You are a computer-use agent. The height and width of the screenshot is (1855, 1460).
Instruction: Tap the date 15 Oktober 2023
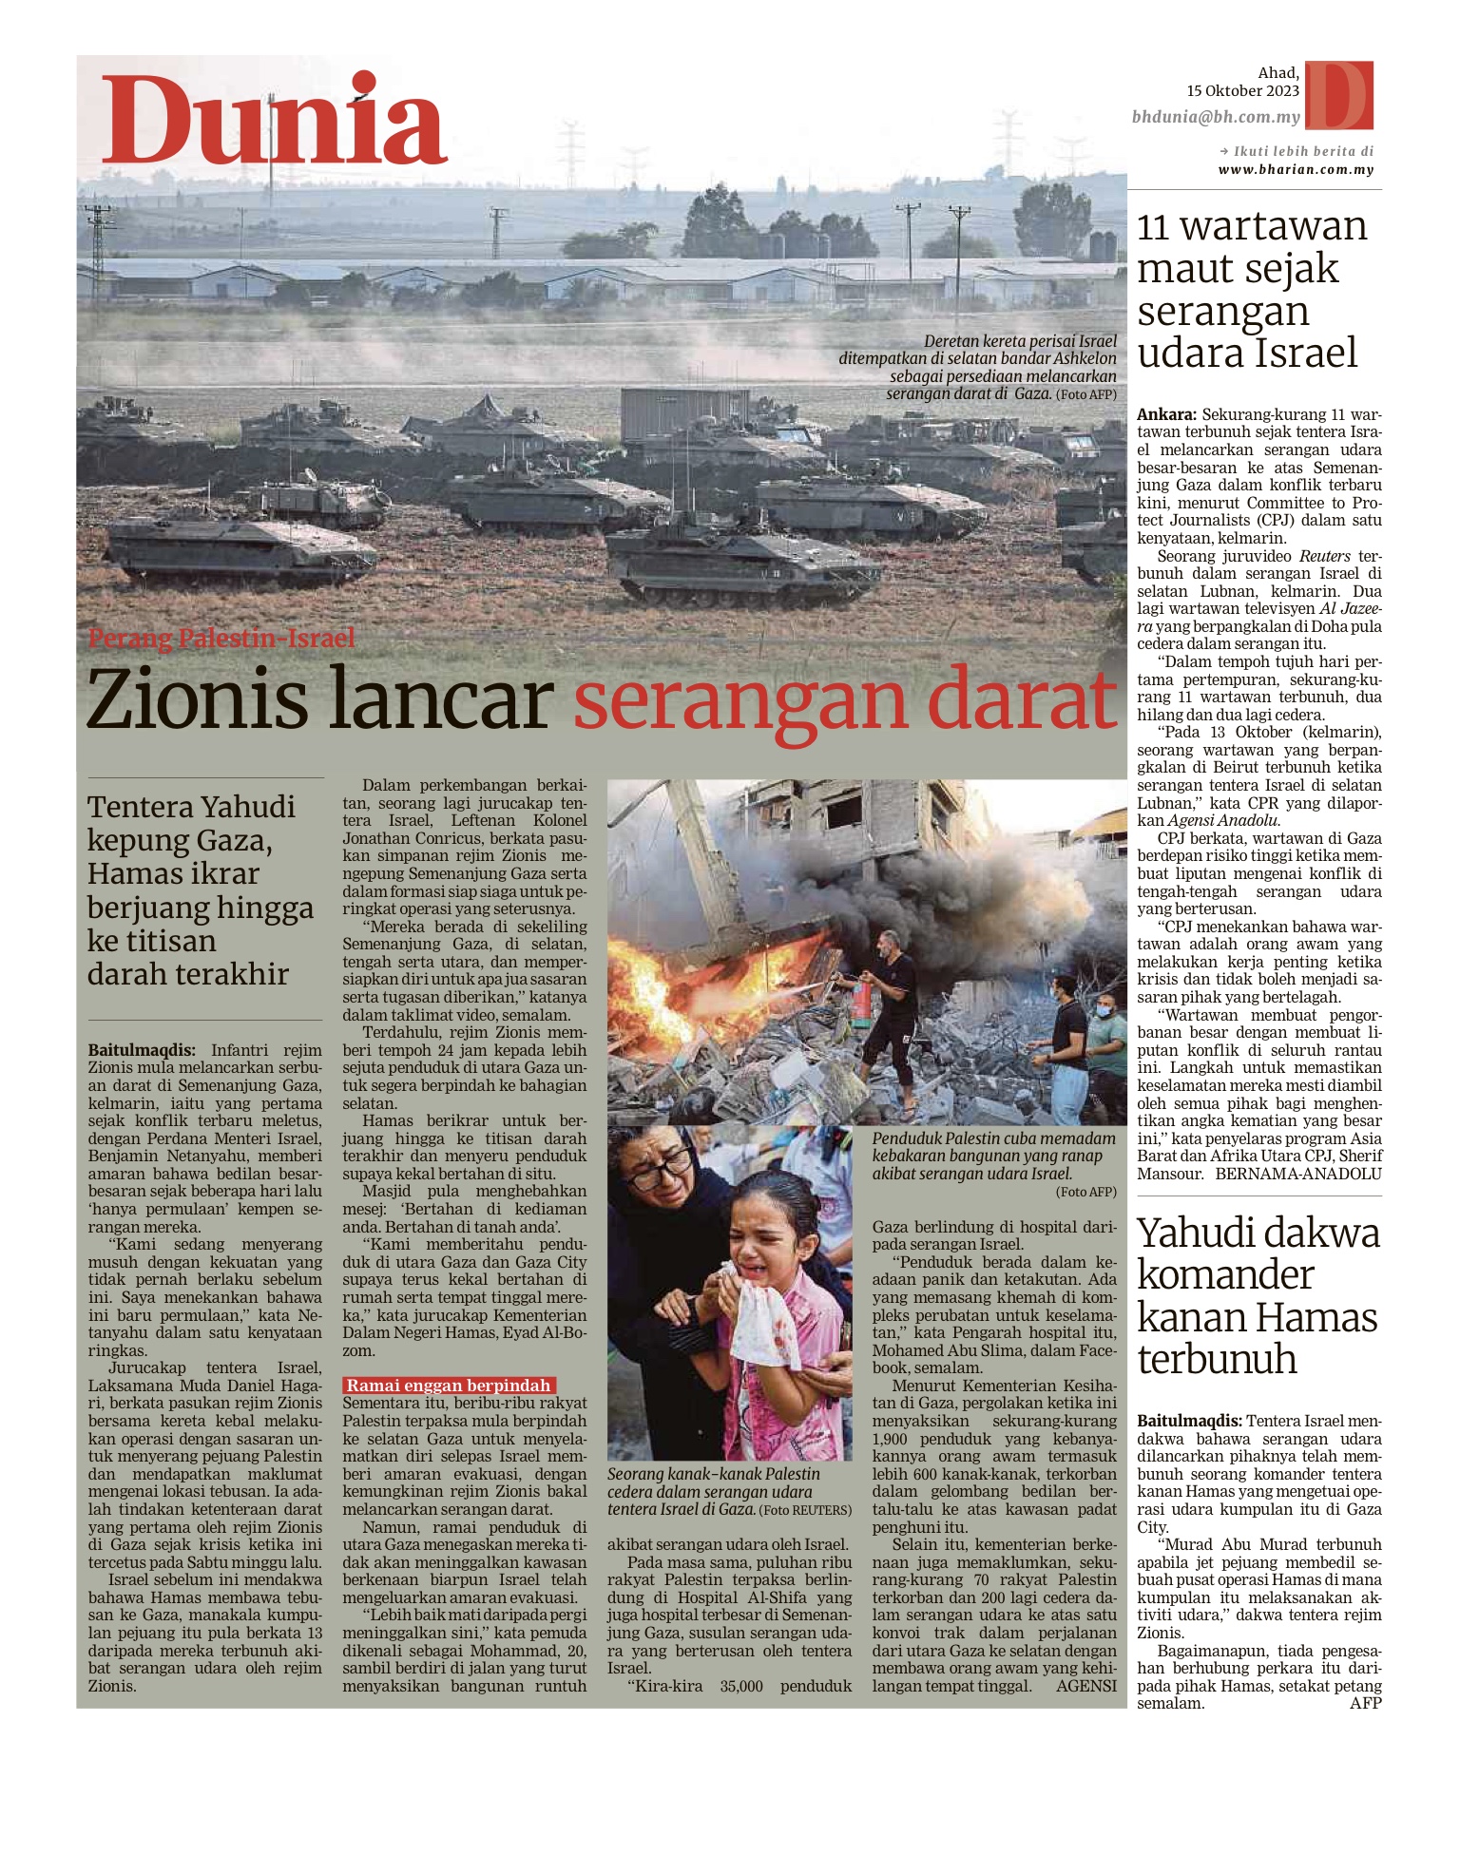(x=1242, y=91)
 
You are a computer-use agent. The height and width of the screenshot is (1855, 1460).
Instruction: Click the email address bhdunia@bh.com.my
(x=1216, y=118)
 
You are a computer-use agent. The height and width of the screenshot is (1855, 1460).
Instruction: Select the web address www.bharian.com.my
(x=1296, y=170)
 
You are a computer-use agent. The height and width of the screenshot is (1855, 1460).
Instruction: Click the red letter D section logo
(x=1339, y=95)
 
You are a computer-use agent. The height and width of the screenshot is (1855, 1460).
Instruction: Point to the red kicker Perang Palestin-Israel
(x=221, y=638)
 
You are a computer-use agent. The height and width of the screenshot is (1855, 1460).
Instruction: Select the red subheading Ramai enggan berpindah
(x=449, y=1386)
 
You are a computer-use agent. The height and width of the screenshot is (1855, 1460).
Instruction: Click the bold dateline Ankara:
(x=1166, y=414)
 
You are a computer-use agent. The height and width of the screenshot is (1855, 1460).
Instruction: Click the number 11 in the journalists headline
(x=1153, y=227)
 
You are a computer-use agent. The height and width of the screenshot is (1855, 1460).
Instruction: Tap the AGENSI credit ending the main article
(x=1085, y=1687)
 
